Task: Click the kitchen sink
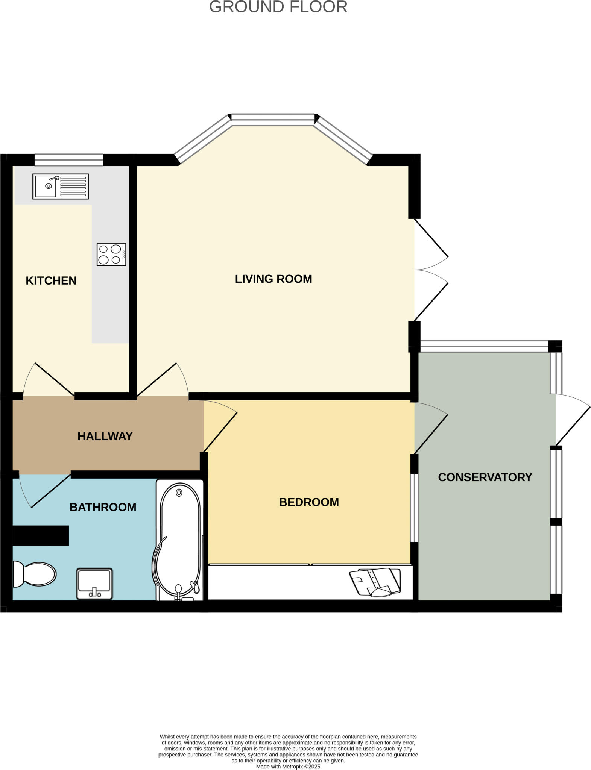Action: tap(61, 186)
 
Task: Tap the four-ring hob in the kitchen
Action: tap(111, 255)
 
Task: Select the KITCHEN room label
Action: tap(51, 280)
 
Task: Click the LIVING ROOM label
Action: tap(273, 279)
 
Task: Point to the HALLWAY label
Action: tap(105, 436)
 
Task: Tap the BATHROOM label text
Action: tap(103, 507)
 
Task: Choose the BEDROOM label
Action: tap(309, 502)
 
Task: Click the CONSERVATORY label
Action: tap(485, 477)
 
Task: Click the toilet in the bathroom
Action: tap(34, 574)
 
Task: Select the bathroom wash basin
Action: tap(94, 584)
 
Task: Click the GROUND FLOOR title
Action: tap(278, 7)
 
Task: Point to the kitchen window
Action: tap(68, 160)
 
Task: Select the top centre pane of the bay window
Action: tap(273, 120)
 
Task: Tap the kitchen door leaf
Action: tap(55, 379)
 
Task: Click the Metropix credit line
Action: tap(288, 767)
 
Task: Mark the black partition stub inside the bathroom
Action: tap(41, 535)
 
